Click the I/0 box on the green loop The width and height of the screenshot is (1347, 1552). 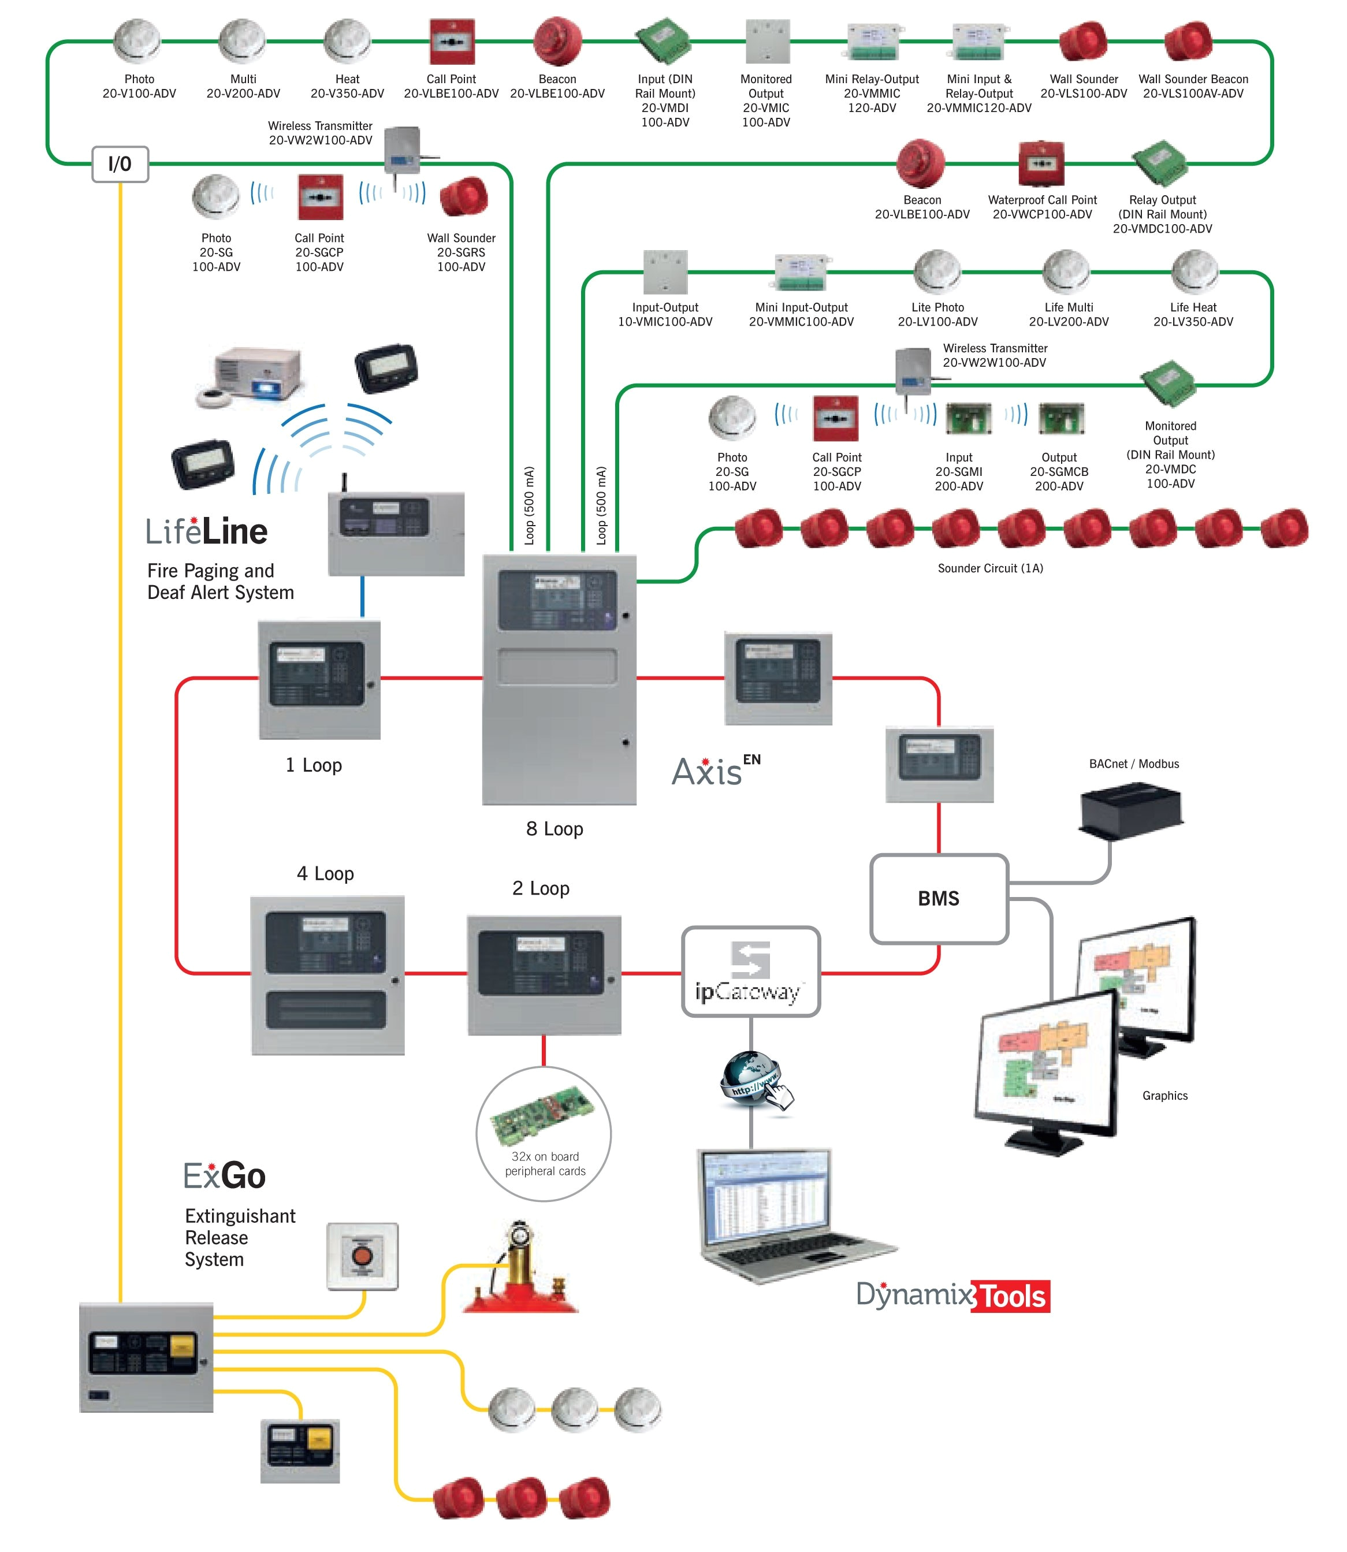pos(120,164)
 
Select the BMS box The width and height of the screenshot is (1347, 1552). pos(939,898)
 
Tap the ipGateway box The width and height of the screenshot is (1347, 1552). pos(750,972)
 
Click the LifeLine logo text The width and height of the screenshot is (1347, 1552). pos(207,531)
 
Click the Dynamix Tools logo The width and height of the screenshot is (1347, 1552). pos(952,1295)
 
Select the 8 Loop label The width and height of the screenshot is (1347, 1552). pos(554,828)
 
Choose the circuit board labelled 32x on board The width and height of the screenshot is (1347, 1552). pos(543,1113)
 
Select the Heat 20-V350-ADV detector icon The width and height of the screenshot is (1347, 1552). pos(347,42)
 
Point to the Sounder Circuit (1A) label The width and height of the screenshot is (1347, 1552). pos(990,568)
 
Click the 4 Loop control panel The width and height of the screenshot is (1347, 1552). pos(327,975)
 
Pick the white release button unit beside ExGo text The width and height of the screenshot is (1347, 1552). pos(362,1256)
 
